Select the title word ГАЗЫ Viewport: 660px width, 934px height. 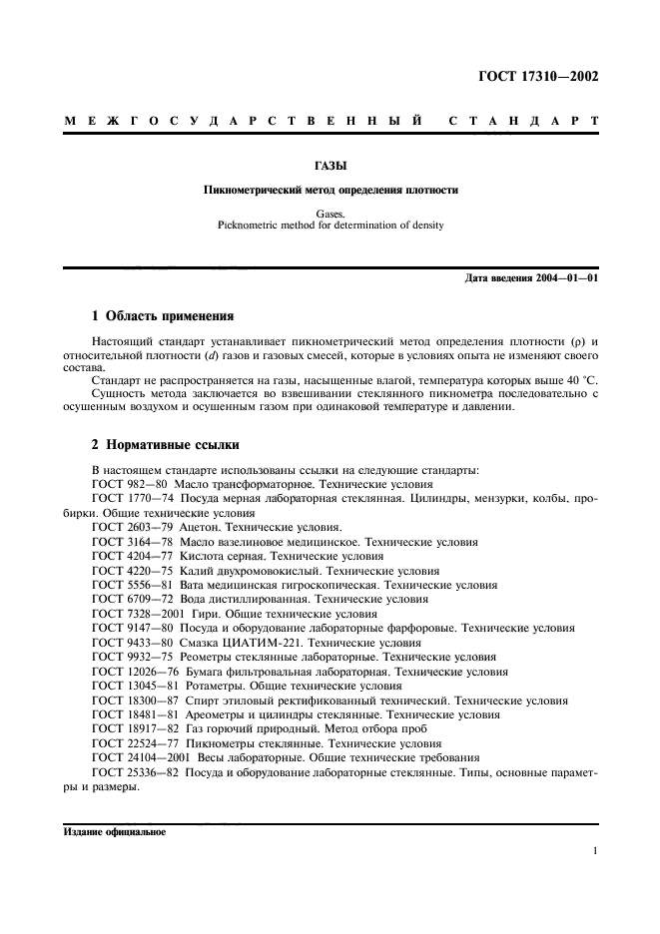[x=330, y=169]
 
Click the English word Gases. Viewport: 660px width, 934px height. [x=330, y=212]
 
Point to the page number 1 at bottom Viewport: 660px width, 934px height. [x=594, y=851]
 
